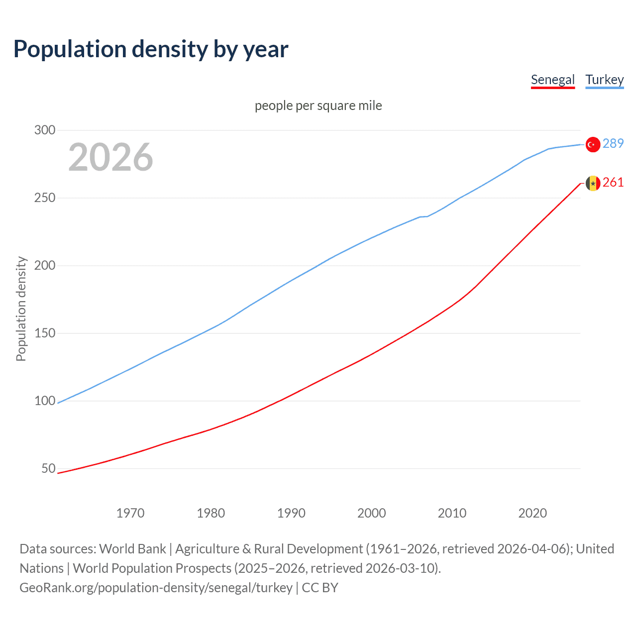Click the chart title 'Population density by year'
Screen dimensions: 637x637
pyautogui.click(x=151, y=49)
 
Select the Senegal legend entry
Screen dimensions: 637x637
pyautogui.click(x=552, y=80)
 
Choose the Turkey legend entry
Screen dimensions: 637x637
pyautogui.click(x=604, y=80)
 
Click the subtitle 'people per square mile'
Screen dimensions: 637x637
pyautogui.click(x=318, y=106)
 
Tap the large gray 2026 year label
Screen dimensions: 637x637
pyautogui.click(x=110, y=157)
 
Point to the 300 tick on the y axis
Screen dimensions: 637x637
pyautogui.click(x=44, y=130)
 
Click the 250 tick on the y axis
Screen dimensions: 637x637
pyautogui.click(x=44, y=198)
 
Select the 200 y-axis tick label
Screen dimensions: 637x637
pyautogui.click(x=44, y=266)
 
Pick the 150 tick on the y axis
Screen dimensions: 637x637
pyautogui.click(x=44, y=333)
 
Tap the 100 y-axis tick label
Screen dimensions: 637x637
pyautogui.click(x=44, y=401)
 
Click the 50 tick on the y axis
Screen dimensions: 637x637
pyautogui.click(x=48, y=469)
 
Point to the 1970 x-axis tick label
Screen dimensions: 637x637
pyautogui.click(x=130, y=513)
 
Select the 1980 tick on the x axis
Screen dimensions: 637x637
pyautogui.click(x=211, y=513)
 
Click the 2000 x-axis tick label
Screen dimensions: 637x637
pyautogui.click(x=372, y=513)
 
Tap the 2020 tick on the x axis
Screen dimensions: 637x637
pyautogui.click(x=532, y=513)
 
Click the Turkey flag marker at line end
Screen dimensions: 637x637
pyautogui.click(x=593, y=144)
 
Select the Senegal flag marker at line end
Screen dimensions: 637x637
pyautogui.click(x=593, y=183)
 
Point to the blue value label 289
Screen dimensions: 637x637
pyautogui.click(x=613, y=144)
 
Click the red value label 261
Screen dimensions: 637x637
pyautogui.click(x=613, y=183)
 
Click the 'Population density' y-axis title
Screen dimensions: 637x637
pyautogui.click(x=21, y=309)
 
